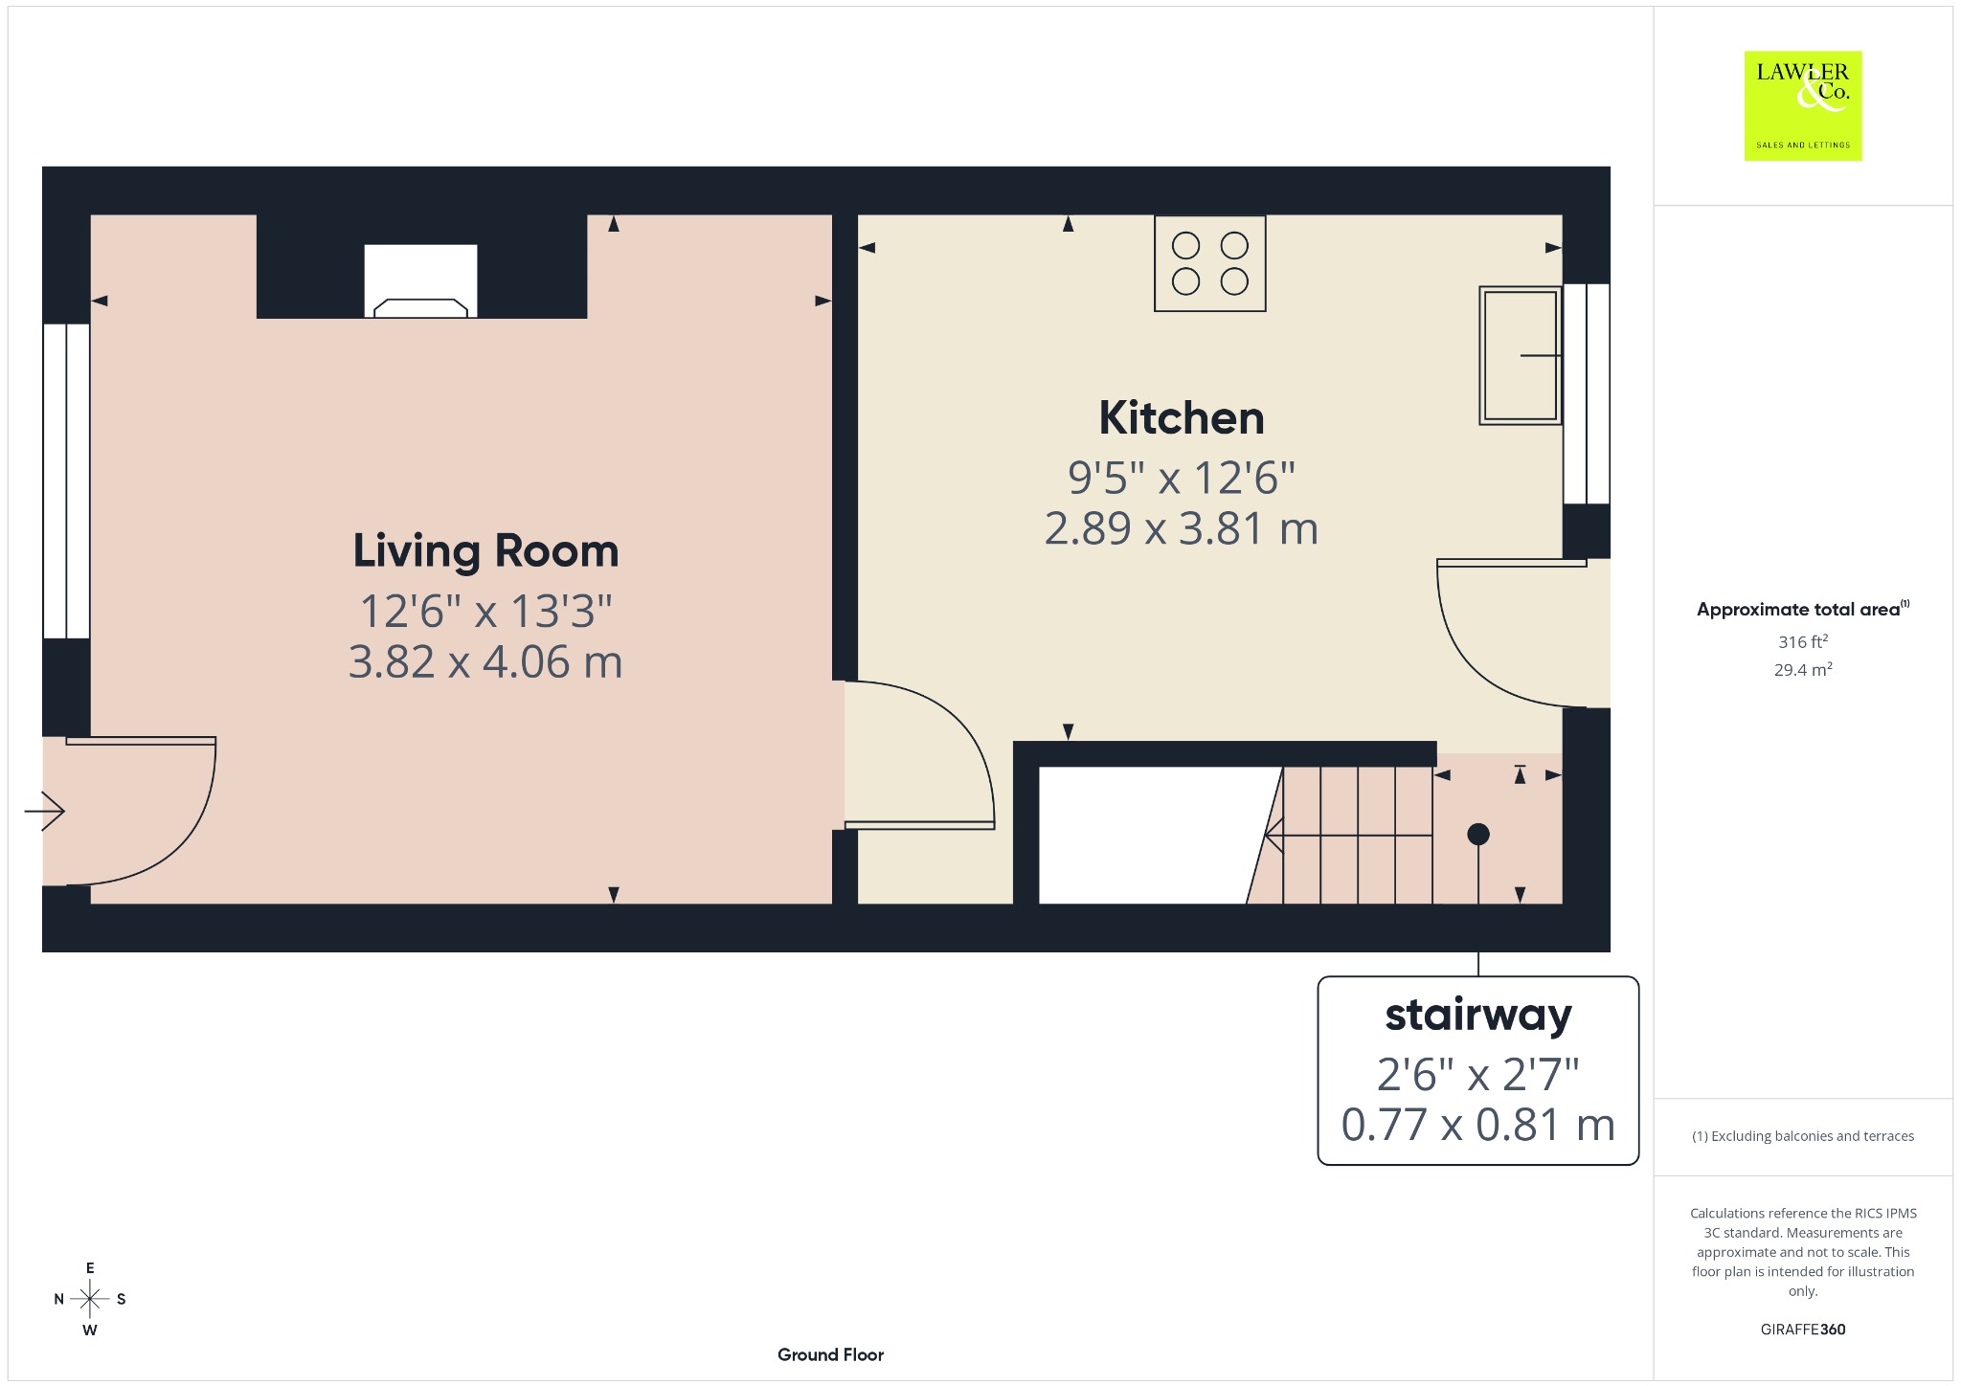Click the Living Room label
485,551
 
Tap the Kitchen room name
1182,418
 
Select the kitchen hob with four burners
1210,263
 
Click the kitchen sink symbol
1521,355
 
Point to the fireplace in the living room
420,281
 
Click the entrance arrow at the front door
44,812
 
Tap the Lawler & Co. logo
1803,105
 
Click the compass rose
90,1299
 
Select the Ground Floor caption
830,1354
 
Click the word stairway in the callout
1478,1016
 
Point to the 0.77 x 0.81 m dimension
1477,1125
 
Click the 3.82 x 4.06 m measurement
485,662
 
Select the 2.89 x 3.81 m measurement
1182,528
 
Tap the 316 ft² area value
1803,641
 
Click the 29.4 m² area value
1803,669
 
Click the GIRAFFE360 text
1803,1330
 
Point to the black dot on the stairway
1478,835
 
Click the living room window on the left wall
66,481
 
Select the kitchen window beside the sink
1587,393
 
